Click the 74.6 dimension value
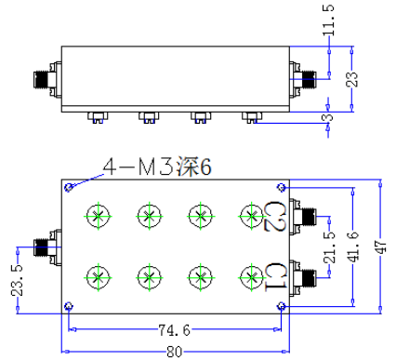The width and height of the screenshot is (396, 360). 174,330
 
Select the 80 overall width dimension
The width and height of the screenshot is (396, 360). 174,352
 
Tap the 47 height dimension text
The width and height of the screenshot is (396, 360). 381,247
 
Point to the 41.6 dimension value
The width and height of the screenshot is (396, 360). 353,246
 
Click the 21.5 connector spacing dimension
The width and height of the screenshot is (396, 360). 329,247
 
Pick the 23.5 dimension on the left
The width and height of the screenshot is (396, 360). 17,280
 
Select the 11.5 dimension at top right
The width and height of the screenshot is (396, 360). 328,20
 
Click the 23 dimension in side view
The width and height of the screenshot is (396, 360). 351,79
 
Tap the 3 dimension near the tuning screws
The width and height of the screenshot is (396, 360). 328,117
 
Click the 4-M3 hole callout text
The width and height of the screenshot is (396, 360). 157,167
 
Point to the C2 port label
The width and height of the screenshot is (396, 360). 275,216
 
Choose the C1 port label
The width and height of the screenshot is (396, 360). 275,277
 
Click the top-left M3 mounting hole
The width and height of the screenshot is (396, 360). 69,187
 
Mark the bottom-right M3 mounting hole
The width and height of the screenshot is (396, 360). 282,306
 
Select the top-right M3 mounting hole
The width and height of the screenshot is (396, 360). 282,187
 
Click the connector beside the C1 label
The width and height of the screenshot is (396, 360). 303,277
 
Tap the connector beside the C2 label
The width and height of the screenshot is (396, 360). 303,216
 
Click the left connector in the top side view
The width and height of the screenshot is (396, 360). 47,79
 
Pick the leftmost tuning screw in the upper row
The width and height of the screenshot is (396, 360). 98,216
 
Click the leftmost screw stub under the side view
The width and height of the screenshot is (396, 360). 98,118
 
